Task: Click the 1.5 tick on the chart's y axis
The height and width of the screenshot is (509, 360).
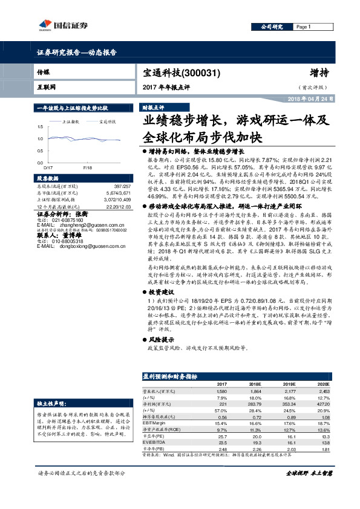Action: tap(41, 126)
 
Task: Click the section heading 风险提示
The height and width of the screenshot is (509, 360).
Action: tap(162, 340)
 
